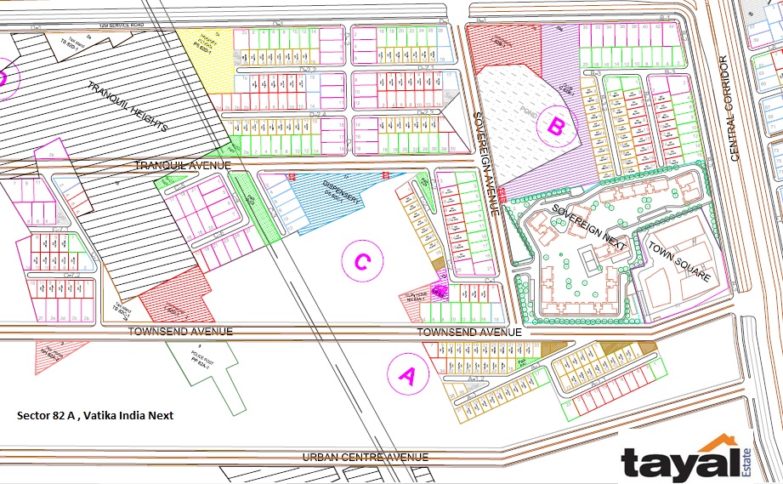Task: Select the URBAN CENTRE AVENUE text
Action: (x=366, y=458)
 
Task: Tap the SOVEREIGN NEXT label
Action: (x=589, y=226)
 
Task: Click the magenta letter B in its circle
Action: (x=555, y=127)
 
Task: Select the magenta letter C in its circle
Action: (x=360, y=262)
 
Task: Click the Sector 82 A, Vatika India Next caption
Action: (x=95, y=416)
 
